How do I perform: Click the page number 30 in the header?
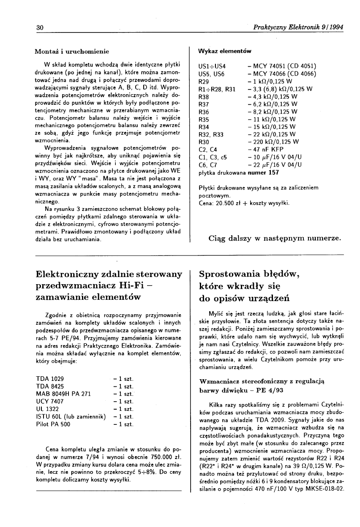point(40,27)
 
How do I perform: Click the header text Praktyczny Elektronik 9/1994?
point(297,27)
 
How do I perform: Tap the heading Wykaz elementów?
point(224,51)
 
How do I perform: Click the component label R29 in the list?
point(204,81)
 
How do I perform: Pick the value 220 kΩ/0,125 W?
point(275,142)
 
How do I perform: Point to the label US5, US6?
point(211,74)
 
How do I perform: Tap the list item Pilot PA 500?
point(53,424)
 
